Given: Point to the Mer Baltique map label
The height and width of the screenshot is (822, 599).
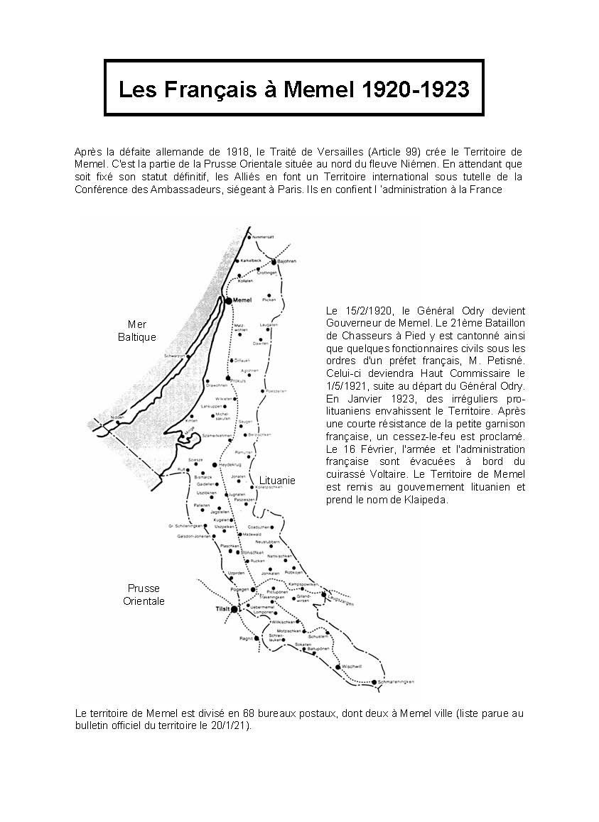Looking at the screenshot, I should tap(137, 331).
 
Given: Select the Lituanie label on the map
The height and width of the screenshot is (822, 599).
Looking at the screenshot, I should tap(277, 481).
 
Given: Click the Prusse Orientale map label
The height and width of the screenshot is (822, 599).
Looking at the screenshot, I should tap(144, 595).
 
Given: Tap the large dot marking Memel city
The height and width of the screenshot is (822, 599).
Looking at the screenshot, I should tap(229, 301).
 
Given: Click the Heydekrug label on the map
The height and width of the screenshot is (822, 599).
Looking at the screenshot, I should tap(231, 464).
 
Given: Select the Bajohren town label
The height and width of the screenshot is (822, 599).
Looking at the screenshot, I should tap(286, 261).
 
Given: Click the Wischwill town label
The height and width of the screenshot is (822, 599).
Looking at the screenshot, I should tap(352, 667).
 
